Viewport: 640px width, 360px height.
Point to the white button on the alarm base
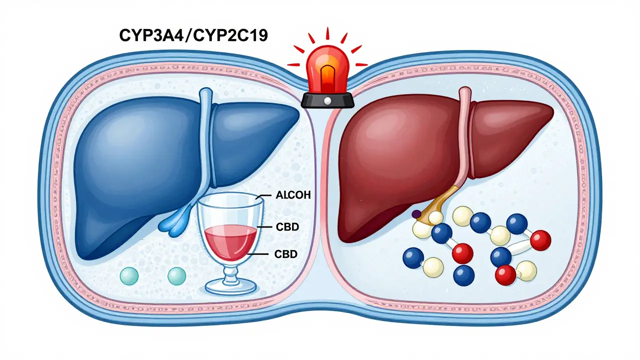point(327,101)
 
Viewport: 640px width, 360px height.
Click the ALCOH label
point(293,195)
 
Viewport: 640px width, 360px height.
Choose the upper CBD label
point(286,227)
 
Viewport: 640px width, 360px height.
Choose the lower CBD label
point(286,254)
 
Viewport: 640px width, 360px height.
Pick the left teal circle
point(129,275)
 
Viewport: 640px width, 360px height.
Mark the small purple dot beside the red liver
point(416,214)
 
